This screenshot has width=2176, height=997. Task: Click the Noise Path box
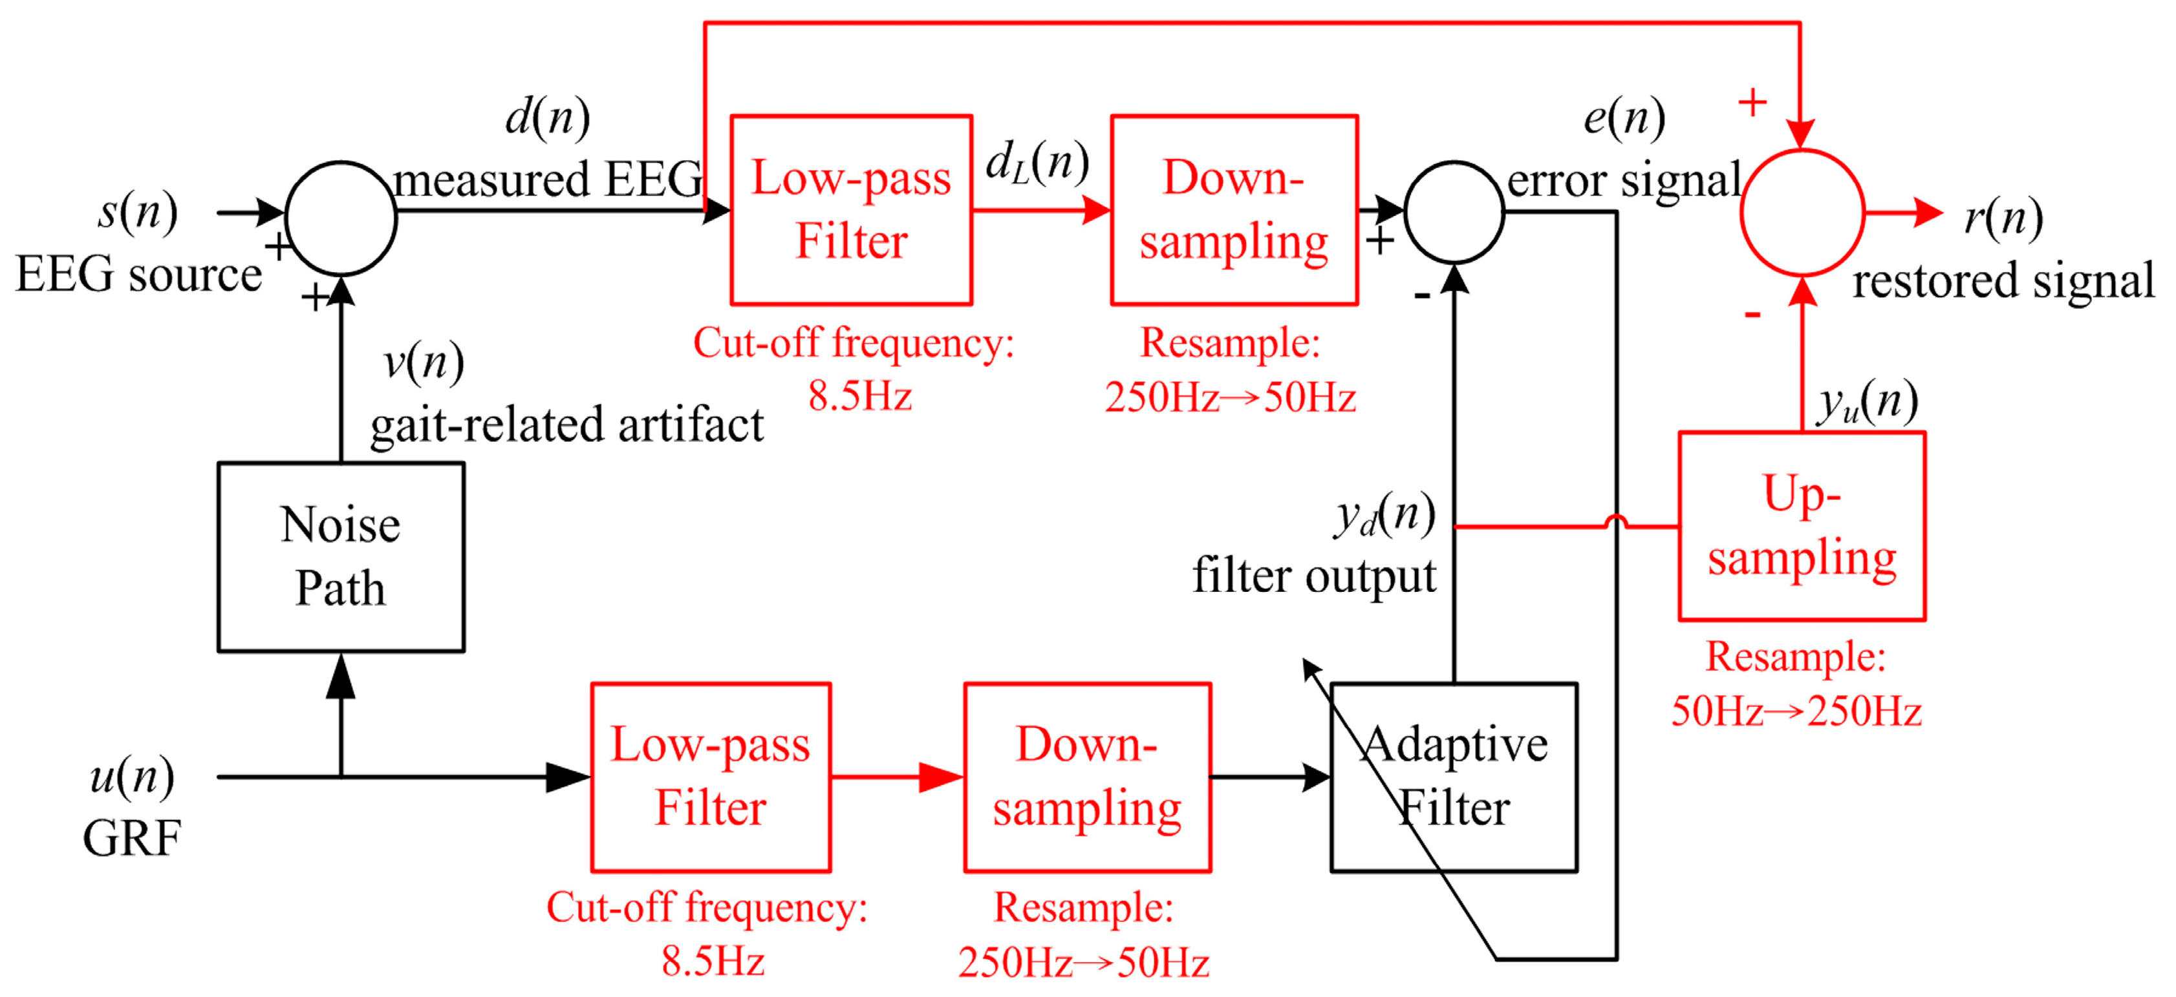340,556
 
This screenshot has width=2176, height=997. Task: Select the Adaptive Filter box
1453,777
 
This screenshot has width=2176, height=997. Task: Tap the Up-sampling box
1801,526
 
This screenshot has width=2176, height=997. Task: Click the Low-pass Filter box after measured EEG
850,209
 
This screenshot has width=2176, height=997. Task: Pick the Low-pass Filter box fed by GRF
711,777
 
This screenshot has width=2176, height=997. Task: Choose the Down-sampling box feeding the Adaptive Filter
1087,777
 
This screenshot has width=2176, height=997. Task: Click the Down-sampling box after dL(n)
1233,209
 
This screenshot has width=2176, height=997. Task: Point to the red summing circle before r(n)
1802,213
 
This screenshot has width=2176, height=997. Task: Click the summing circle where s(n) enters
340,218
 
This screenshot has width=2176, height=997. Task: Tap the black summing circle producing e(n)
1453,212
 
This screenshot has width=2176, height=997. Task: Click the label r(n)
2003,217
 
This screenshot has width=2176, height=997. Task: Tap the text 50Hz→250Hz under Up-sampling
1796,711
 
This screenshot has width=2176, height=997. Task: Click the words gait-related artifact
566,425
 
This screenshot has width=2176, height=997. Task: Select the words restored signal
2003,281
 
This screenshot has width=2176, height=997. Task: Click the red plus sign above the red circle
1752,102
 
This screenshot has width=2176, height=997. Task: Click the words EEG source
138,275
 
